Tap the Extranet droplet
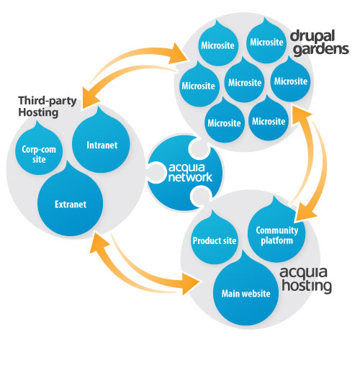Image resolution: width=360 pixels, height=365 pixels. point(71,204)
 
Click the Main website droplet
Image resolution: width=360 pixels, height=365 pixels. point(246,292)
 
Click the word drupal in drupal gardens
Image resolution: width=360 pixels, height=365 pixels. point(309,35)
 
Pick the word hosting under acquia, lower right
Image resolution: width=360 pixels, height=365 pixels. point(306,286)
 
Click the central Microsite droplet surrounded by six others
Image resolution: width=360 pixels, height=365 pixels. point(243,82)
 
